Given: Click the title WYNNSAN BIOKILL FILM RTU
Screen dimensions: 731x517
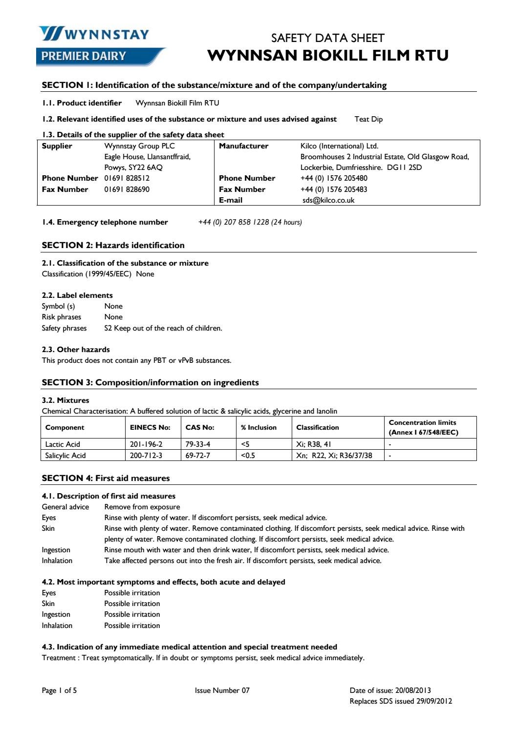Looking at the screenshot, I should (x=328, y=55).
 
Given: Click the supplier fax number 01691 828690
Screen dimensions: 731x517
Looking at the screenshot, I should (x=127, y=189).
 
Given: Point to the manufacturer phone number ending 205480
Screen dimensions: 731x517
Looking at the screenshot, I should (x=334, y=178).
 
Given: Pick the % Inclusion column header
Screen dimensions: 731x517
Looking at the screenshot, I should (x=258, y=427).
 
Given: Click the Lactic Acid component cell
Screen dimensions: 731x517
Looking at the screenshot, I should (x=63, y=444).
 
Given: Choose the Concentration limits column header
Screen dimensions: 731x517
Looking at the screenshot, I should (x=423, y=427).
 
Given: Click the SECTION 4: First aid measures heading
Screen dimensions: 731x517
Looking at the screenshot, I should (x=106, y=478).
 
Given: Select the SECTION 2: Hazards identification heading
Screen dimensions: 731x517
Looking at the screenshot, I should (x=113, y=245).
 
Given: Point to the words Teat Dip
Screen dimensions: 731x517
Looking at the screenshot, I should (x=368, y=119).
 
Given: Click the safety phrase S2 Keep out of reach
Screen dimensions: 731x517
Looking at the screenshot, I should (x=163, y=328).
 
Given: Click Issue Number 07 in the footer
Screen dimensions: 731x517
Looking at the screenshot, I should (x=222, y=690).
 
